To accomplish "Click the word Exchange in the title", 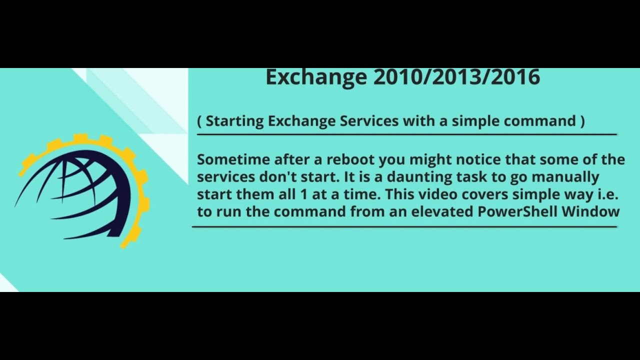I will point(316,77).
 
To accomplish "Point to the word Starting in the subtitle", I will point(235,121).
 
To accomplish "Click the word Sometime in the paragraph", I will point(233,159).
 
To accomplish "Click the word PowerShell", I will point(517,211).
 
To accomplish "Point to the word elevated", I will point(442,211).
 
